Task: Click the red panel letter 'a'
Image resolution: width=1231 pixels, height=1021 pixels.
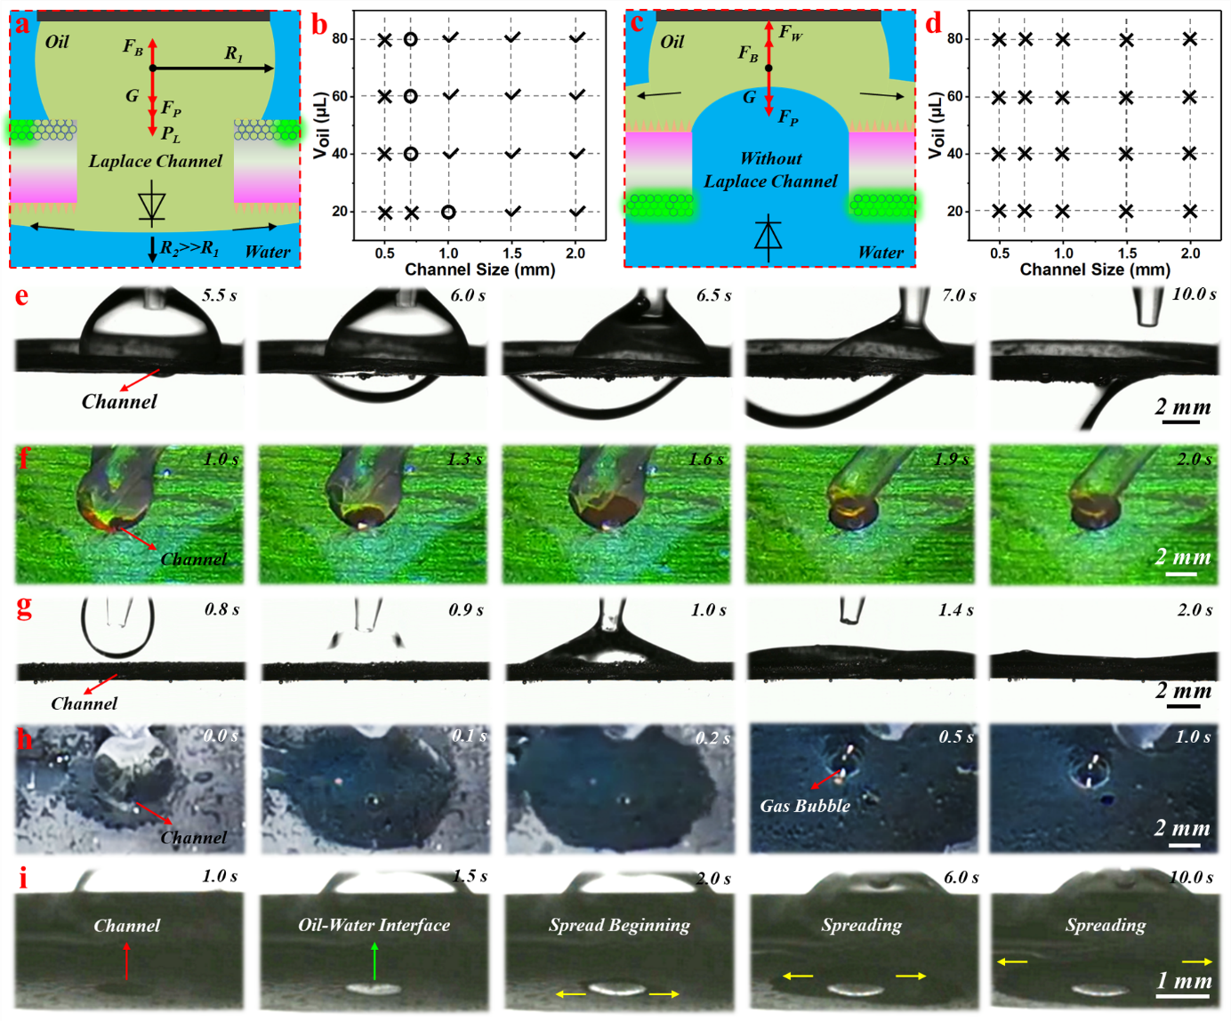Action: pos(22,26)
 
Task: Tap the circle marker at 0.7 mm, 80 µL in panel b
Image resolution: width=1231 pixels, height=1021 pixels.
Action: pos(411,39)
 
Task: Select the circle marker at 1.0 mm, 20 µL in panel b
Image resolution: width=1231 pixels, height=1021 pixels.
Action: pos(448,212)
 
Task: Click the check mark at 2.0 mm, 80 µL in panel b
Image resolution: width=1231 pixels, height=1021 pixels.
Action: pos(577,37)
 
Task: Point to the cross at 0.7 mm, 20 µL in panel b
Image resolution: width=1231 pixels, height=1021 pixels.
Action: pos(412,213)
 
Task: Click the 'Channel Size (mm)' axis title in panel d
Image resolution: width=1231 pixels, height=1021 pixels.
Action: pos(1095,269)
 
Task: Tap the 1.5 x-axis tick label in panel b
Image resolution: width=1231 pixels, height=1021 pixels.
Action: pos(512,253)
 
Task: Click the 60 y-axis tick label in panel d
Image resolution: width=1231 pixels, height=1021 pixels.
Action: pos(954,96)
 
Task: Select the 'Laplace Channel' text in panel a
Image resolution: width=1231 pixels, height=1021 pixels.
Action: pos(155,161)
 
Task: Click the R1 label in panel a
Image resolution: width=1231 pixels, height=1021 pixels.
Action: pos(233,53)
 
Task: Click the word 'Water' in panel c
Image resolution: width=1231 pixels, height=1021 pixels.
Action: pos(881,252)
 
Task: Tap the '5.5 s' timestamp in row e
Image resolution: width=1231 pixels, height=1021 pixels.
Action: pos(220,294)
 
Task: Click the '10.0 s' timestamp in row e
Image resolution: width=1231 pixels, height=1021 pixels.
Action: pos(1194,293)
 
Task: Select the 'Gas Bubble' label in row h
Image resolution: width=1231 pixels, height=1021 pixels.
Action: pos(805,805)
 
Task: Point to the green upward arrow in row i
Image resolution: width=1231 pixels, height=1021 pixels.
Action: pos(374,961)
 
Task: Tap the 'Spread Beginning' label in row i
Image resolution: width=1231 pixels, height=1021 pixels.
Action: pos(620,925)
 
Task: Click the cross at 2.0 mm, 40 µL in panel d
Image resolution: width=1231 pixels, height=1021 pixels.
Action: pos(1190,153)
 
